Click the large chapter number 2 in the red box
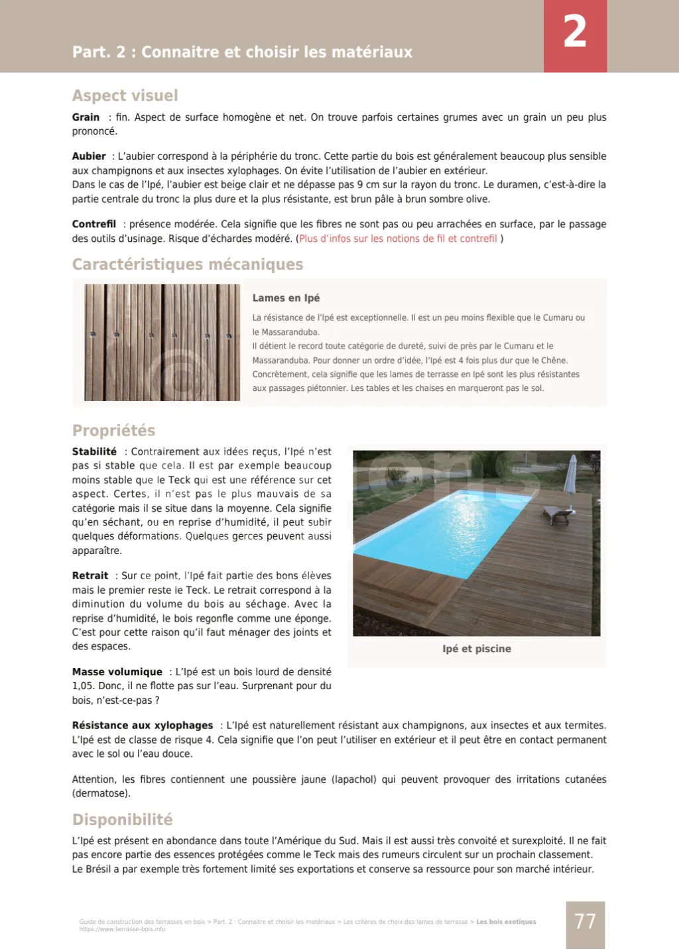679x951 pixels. tap(575, 32)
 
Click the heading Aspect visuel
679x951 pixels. tap(125, 95)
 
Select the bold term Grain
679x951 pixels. tap(86, 117)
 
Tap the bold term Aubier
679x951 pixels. tap(89, 156)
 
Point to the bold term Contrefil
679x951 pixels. tap(93, 224)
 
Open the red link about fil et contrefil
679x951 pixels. tap(398, 239)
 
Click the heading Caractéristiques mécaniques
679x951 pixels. tap(188, 264)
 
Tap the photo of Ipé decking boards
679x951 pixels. tap(162, 342)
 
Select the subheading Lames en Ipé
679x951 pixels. tap(286, 298)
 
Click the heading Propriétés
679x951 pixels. tap(113, 431)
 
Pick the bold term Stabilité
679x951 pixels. tap(94, 451)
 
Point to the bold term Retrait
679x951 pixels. tap(90, 576)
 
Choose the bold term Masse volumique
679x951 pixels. tap(117, 672)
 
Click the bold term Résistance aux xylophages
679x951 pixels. tap(143, 726)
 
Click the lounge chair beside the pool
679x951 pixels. tap(556, 514)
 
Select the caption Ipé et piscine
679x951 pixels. tap(476, 649)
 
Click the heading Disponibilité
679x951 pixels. tap(122, 820)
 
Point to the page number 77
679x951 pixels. tap(585, 922)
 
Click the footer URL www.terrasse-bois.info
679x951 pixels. tap(122, 929)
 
